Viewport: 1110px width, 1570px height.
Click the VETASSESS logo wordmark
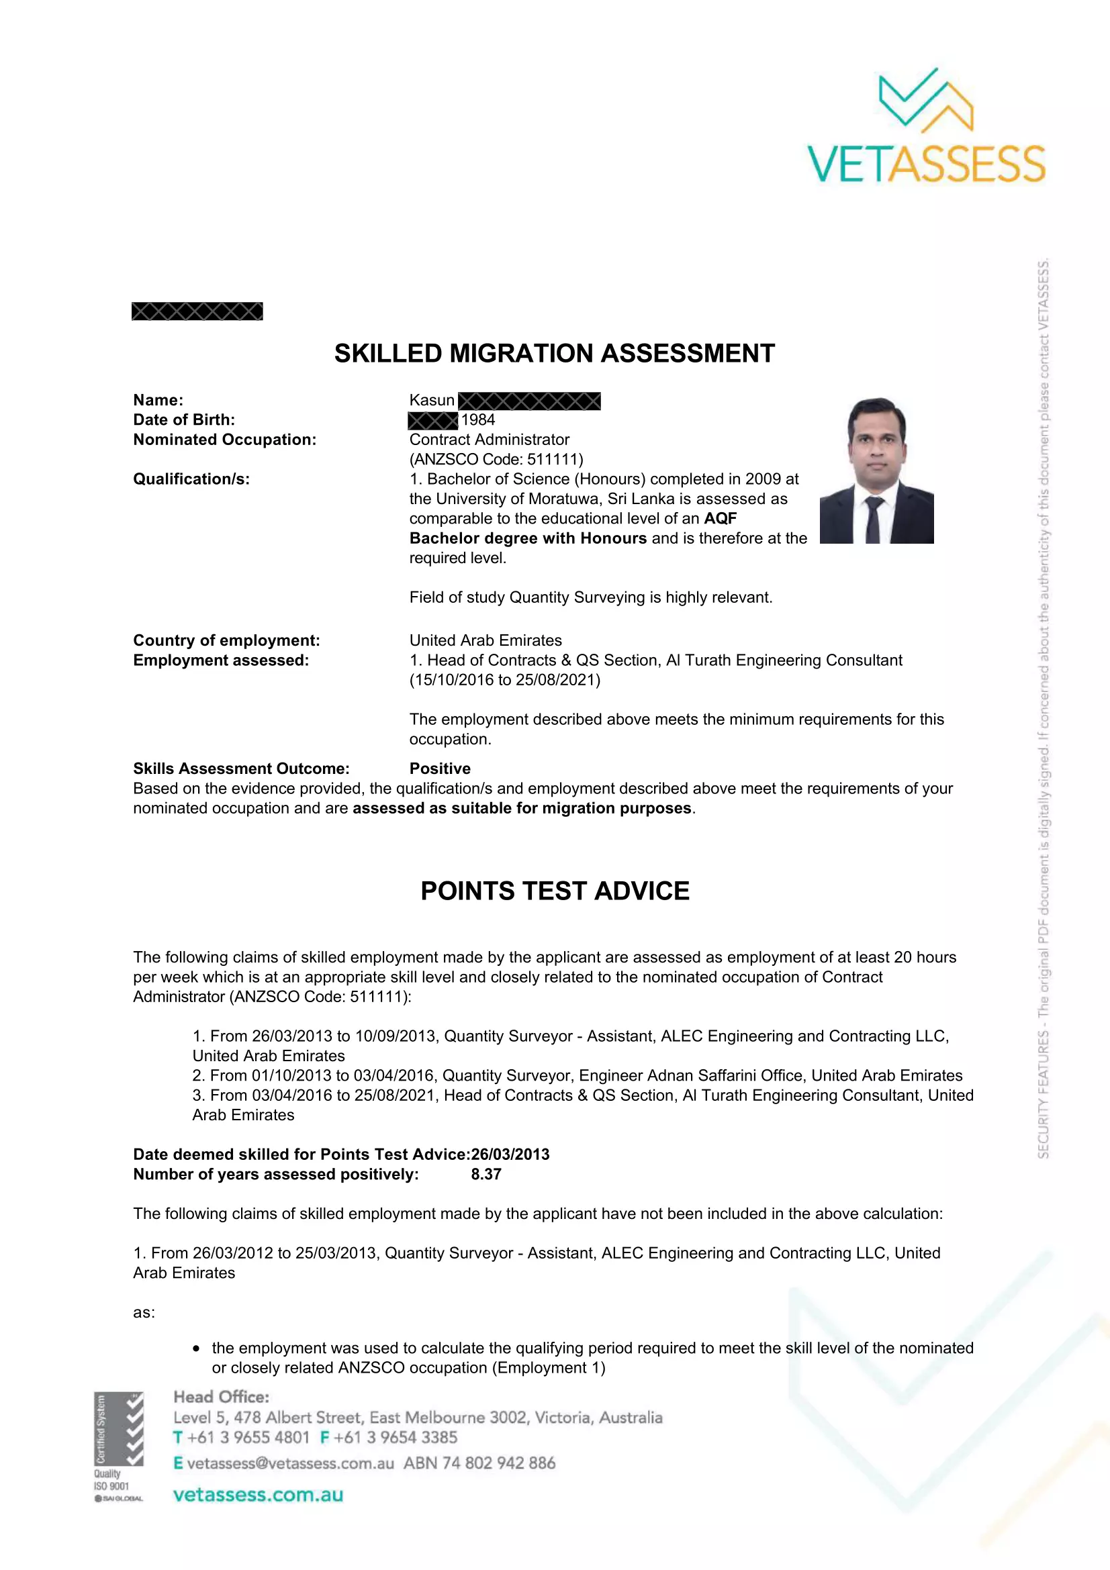(926, 164)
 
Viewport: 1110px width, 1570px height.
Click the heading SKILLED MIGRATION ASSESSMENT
(554, 354)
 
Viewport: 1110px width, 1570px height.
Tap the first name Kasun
(432, 400)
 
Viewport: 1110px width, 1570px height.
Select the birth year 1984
(478, 420)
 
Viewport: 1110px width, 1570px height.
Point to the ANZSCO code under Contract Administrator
(496, 460)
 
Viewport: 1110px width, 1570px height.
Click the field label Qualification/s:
(191, 479)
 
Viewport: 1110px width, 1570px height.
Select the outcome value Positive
(440, 769)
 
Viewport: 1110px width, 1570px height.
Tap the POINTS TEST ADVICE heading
(555, 891)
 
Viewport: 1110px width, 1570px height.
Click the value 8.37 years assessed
(485, 1174)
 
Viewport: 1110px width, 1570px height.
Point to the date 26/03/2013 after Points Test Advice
(510, 1155)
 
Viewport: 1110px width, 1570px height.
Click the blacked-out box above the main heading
(197, 311)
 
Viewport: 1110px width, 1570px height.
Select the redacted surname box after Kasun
(529, 401)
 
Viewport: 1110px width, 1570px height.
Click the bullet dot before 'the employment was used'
(196, 1348)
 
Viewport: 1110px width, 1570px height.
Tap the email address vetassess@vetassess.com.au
(290, 1463)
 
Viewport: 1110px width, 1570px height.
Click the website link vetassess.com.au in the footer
(258, 1495)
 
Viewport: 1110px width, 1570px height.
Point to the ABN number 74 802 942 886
(498, 1463)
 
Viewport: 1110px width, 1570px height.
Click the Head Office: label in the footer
(221, 1397)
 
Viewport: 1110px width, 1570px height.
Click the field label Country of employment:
(226, 641)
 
